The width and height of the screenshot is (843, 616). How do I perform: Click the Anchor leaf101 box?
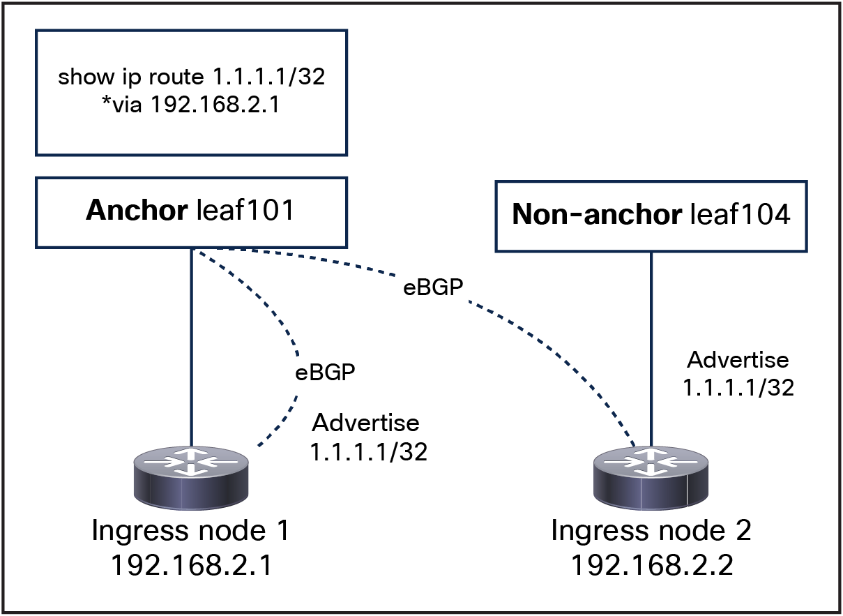[191, 212]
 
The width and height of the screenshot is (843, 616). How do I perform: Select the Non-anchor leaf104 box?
[651, 216]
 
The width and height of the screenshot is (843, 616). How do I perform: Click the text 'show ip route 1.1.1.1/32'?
[191, 77]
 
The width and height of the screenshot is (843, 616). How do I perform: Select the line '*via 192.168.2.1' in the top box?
[191, 104]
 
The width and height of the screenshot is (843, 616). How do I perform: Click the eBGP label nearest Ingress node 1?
[322, 372]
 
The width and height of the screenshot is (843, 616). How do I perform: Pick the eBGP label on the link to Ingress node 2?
[434, 287]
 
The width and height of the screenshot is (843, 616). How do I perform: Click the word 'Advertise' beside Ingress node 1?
[365, 423]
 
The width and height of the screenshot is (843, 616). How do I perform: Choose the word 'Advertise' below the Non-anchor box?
[738, 360]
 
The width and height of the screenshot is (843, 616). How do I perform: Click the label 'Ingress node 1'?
[190, 532]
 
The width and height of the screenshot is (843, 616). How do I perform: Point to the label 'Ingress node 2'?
[651, 532]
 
